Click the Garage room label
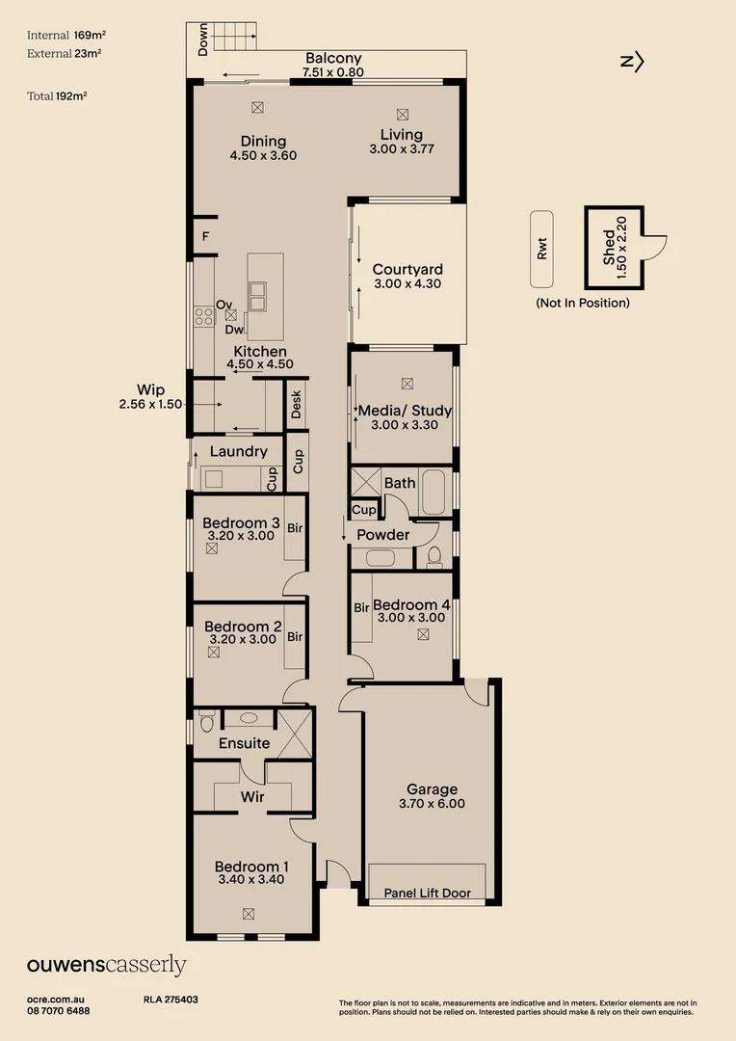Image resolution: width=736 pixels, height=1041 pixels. coord(431,789)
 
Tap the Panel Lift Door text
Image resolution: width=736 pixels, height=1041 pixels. coord(427,893)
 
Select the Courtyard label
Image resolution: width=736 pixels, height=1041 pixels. coord(407,269)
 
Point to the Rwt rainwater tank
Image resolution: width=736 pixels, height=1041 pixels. coord(541,249)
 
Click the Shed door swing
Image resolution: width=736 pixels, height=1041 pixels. coord(654,247)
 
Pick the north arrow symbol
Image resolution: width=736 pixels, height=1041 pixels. coord(632,62)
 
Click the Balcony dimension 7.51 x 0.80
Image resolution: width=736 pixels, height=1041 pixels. coord(332,71)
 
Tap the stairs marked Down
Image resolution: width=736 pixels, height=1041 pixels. coord(231,39)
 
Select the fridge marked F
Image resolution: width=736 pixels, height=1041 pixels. coord(205,236)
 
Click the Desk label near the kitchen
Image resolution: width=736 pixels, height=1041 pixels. coord(297,406)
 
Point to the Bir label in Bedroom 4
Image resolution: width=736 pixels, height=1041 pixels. coord(361,607)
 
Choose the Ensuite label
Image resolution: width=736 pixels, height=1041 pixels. coord(244,743)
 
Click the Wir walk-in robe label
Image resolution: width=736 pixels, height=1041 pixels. coord(252,797)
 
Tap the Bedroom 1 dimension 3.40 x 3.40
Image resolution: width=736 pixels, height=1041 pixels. coord(250,879)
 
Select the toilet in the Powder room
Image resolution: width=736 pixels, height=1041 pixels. coord(434,555)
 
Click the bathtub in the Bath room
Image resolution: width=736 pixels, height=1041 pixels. coord(434,492)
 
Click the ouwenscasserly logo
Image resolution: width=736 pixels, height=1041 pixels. coord(106,966)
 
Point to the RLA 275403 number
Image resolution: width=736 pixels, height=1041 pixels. coord(171,1001)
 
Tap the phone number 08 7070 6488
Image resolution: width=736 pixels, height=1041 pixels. coord(59,1010)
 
